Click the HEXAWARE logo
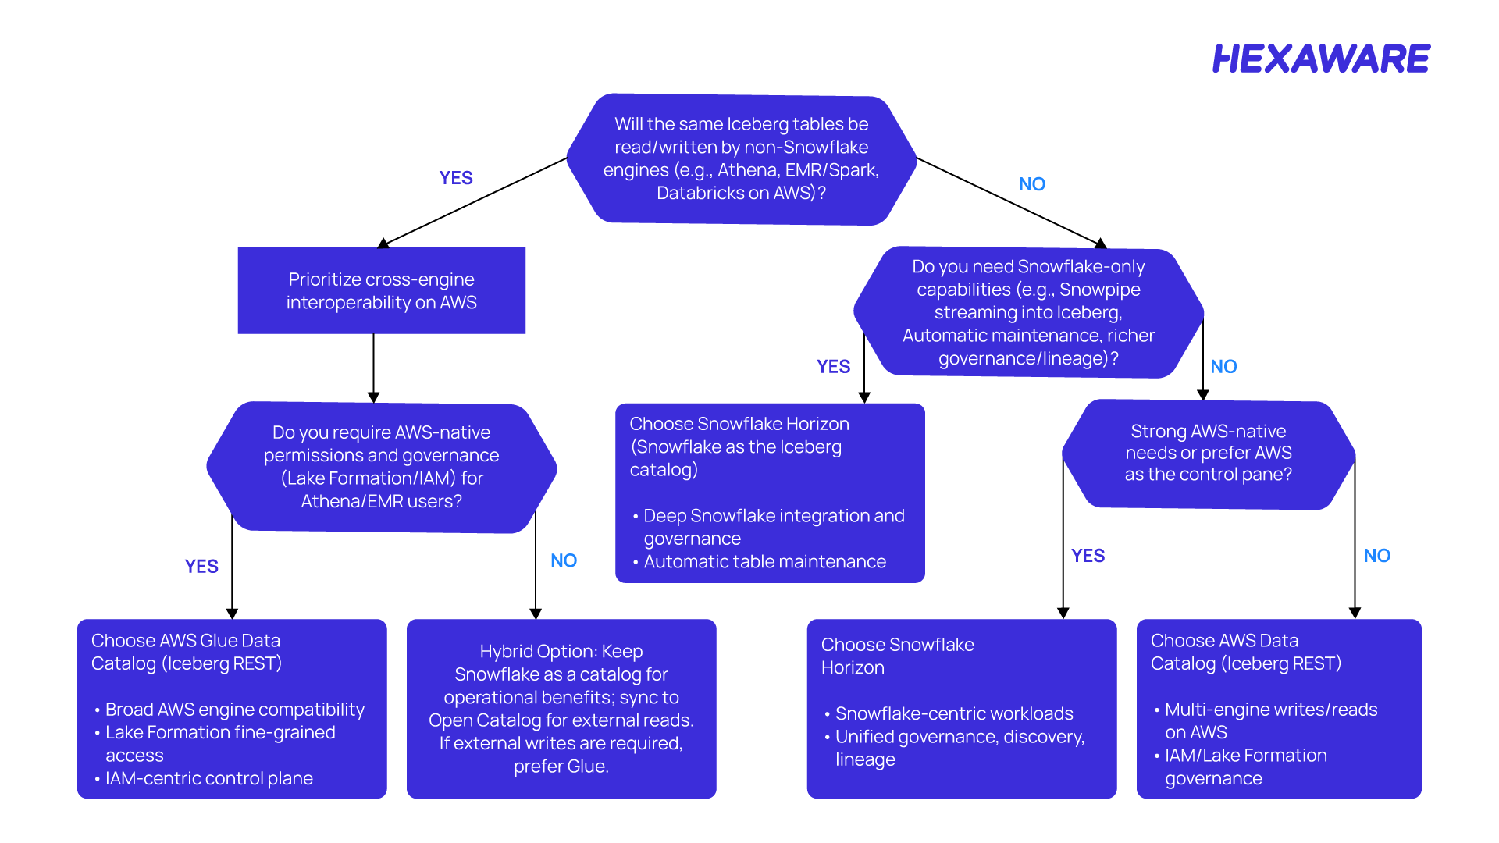(x=1321, y=59)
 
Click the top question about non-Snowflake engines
(x=741, y=159)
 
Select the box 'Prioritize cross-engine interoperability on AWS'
(x=382, y=290)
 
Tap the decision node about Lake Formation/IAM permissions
(x=382, y=468)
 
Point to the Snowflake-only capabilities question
(x=1028, y=312)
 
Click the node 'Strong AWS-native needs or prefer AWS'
(x=1209, y=454)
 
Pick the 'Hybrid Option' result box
(x=561, y=709)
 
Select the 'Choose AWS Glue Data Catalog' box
(x=232, y=709)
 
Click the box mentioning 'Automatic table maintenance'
(x=770, y=493)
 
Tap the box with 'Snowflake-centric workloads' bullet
(x=962, y=709)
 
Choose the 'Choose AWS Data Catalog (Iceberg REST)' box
(x=1279, y=709)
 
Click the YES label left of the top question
(x=456, y=178)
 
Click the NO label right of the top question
(x=1032, y=184)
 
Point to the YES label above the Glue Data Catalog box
(x=201, y=567)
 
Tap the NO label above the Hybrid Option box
(x=564, y=560)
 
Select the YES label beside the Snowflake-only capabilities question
(x=834, y=367)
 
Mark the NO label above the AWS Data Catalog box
(x=1377, y=556)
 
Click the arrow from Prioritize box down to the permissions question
(x=373, y=368)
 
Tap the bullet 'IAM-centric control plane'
(x=209, y=778)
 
